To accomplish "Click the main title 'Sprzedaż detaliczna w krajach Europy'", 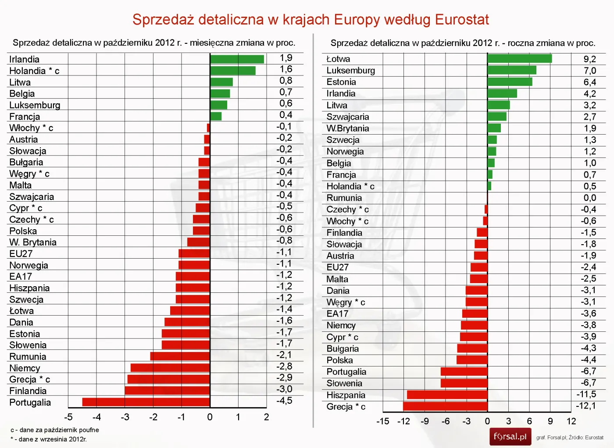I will point(311,20).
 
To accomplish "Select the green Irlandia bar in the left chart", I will point(237,59).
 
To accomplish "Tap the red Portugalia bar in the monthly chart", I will point(146,402).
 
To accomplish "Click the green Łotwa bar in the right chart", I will point(519,59).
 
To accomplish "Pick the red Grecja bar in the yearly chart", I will point(445,406).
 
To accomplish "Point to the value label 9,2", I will point(589,59).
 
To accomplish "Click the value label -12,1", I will point(586,406).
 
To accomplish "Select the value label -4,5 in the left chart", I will point(284,401).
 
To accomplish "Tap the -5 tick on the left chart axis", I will point(68,417).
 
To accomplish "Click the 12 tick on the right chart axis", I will point(571,421).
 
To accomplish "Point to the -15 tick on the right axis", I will point(382,421).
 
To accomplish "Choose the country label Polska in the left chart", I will point(23,231).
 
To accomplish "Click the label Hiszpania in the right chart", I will point(346,395).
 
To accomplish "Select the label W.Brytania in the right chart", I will point(347,128).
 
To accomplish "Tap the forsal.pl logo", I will point(510,437).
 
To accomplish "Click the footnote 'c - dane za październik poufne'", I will point(55,430).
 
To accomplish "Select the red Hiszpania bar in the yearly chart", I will point(447,395).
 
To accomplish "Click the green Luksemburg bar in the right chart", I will point(511,70).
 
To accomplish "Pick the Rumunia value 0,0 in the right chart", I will point(589,198).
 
